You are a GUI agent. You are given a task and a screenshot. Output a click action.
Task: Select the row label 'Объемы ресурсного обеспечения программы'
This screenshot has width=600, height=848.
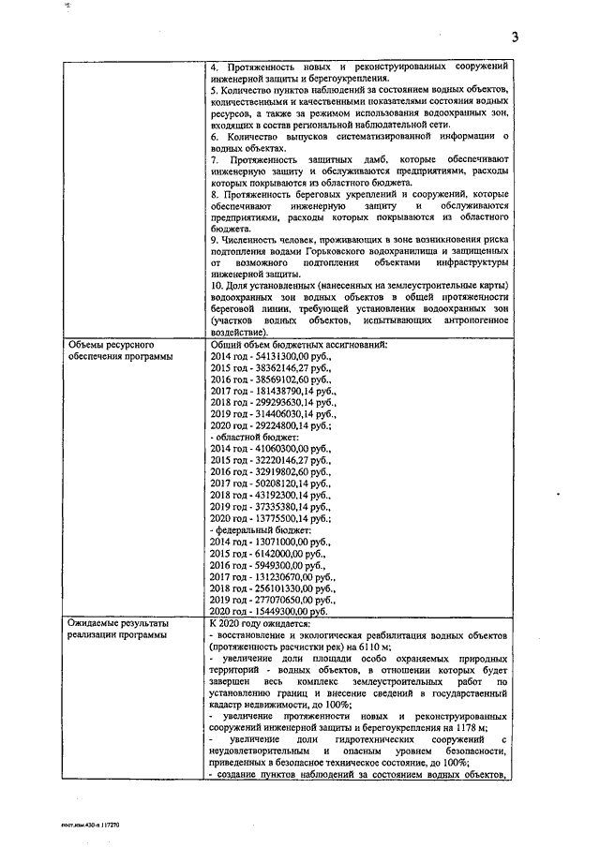[x=120, y=351]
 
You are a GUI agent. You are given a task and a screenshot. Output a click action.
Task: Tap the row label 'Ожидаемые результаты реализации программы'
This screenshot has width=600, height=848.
[x=119, y=631]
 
